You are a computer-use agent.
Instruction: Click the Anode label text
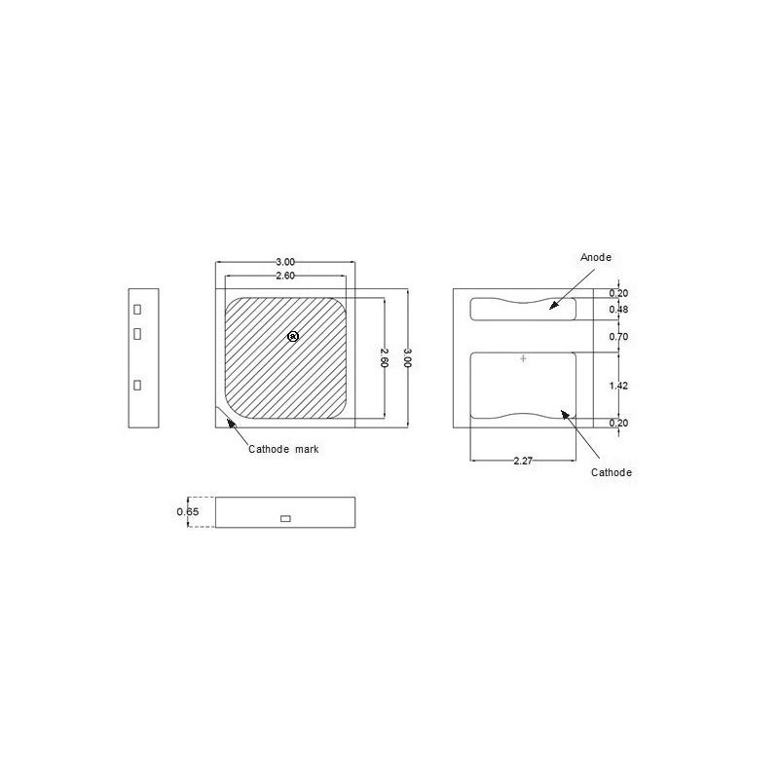(x=595, y=257)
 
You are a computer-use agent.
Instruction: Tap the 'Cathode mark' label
(x=283, y=450)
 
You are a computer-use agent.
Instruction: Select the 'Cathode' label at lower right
(x=612, y=472)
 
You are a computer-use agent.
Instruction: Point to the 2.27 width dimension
(x=523, y=462)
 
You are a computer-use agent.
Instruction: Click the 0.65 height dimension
(x=187, y=511)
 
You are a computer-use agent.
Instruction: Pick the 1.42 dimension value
(x=618, y=387)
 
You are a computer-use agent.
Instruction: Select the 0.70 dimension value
(x=618, y=337)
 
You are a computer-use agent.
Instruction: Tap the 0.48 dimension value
(x=618, y=310)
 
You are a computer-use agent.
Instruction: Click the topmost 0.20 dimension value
(x=618, y=293)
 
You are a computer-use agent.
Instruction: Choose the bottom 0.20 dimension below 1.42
(x=618, y=424)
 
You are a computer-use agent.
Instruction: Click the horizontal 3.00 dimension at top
(x=285, y=262)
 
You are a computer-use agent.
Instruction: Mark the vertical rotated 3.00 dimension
(x=409, y=357)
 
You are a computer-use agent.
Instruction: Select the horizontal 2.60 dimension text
(x=285, y=276)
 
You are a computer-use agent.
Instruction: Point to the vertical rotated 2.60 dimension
(x=385, y=357)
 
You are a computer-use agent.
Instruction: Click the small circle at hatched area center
(x=293, y=336)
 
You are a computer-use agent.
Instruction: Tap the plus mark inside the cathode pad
(x=523, y=359)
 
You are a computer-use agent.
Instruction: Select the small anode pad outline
(x=522, y=309)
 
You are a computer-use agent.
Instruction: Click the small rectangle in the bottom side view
(x=285, y=518)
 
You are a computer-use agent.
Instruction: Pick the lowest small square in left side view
(x=137, y=386)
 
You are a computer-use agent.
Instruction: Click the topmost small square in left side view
(x=137, y=309)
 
